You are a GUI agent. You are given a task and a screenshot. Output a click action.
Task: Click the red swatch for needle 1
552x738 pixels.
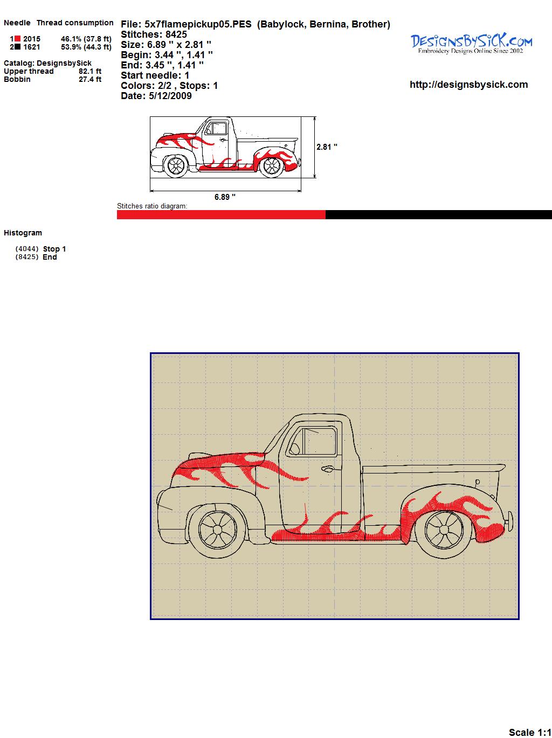coord(17,39)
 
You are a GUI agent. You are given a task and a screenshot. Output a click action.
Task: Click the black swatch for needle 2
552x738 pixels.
coord(17,47)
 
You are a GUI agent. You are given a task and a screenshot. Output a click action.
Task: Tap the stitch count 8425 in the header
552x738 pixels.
coord(176,34)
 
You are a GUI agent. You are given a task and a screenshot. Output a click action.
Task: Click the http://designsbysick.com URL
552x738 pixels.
coord(468,85)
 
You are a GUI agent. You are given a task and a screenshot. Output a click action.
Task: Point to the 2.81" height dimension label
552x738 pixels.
coord(327,147)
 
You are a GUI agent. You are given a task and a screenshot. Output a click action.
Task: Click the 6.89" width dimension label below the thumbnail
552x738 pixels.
coord(225,197)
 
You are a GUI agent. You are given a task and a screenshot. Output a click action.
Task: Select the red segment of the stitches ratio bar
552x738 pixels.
coord(221,215)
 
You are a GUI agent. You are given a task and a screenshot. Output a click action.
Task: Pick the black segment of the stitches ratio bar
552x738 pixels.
coord(439,215)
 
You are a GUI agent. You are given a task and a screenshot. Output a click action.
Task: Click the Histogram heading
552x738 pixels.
coord(23,233)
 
